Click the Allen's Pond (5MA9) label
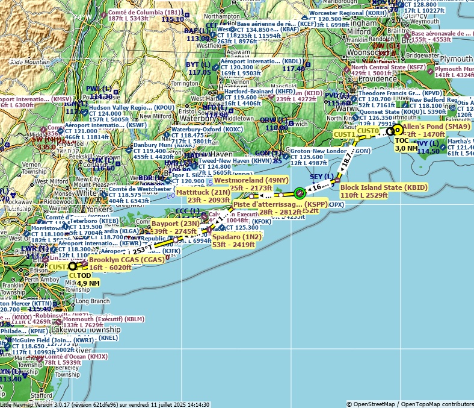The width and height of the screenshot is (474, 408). [436, 127]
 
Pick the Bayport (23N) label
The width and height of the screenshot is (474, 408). [175, 224]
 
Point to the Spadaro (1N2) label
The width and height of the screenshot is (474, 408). [236, 237]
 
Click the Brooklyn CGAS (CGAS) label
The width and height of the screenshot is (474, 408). [126, 260]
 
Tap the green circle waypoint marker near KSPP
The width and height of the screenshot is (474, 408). [300, 193]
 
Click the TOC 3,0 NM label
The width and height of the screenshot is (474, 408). [406, 144]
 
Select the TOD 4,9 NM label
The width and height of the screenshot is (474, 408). [88, 278]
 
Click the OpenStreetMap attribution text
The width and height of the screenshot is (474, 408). [410, 404]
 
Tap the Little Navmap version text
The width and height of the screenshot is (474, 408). [105, 404]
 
